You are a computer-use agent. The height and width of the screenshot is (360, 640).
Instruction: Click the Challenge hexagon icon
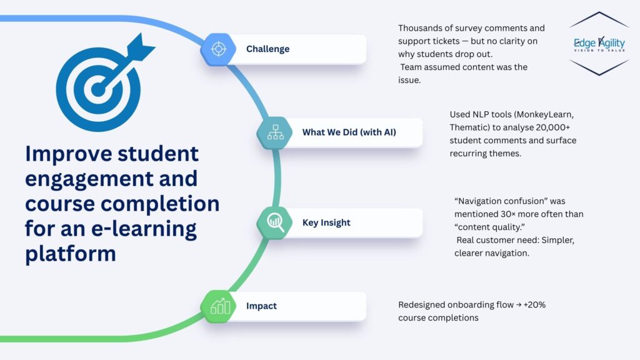coord(217,49)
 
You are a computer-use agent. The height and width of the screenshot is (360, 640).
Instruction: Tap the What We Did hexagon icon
coord(275,132)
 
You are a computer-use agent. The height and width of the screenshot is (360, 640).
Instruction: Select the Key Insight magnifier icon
coord(275,222)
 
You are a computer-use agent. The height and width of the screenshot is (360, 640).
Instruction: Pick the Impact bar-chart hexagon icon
coord(219,306)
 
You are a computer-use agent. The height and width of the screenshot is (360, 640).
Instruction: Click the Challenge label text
coord(267,49)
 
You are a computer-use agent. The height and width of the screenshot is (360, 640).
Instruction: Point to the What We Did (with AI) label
coord(349,132)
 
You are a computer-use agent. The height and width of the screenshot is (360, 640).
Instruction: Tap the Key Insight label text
coord(326,222)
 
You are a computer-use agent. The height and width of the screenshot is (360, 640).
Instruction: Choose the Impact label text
coord(261,306)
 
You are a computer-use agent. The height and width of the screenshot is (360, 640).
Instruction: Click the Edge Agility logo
coord(598,43)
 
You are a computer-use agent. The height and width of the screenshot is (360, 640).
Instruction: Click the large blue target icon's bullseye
coord(97,89)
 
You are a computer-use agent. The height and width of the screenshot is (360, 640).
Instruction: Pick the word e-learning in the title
coord(144,229)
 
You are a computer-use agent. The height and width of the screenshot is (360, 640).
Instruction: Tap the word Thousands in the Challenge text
coord(422,28)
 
